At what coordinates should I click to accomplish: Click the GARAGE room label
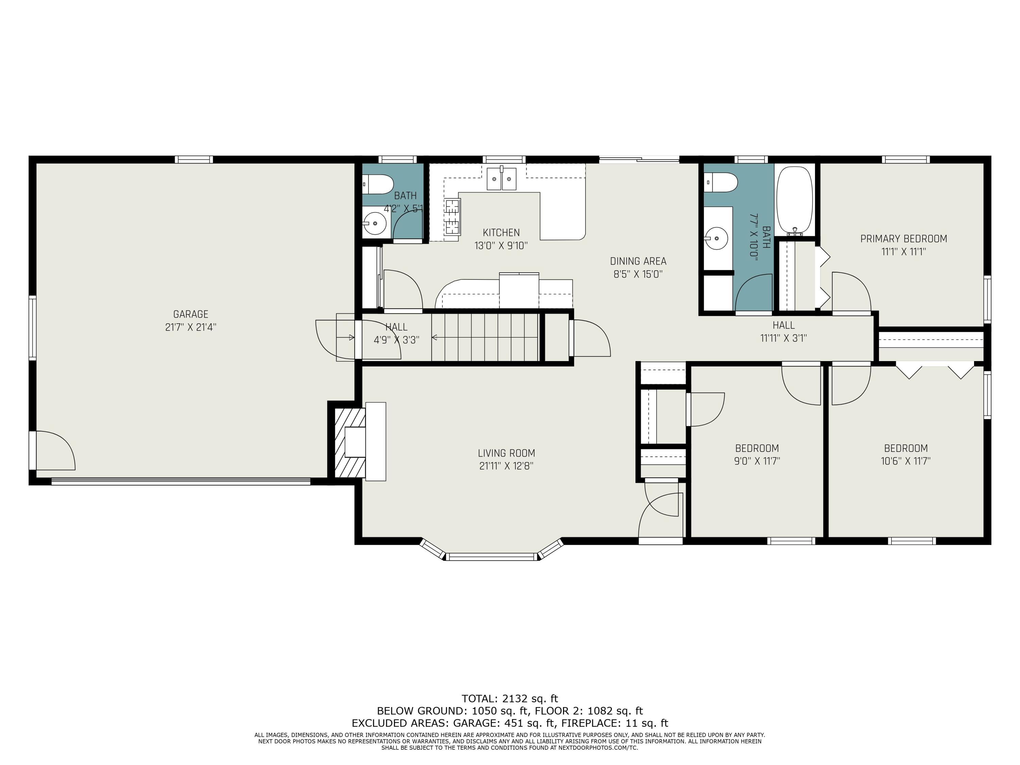point(190,314)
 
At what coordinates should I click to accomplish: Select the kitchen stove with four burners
point(452,217)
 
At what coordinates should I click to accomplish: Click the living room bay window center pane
point(492,557)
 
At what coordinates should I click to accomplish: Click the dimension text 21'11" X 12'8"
point(506,466)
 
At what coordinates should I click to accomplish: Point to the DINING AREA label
point(638,261)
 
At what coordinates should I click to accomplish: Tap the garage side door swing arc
point(60,447)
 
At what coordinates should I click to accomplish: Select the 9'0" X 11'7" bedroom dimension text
point(757,461)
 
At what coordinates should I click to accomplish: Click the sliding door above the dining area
point(639,159)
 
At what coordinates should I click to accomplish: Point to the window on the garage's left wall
point(32,327)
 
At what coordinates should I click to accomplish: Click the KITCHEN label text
point(501,233)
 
